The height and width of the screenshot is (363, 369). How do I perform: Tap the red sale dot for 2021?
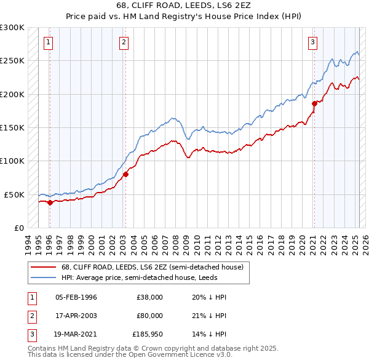[314, 103]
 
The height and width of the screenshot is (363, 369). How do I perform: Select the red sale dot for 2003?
[125, 174]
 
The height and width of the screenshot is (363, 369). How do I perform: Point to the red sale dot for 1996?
[50, 202]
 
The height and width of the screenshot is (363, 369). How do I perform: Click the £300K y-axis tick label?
[12, 28]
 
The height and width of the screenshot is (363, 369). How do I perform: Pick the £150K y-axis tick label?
[12, 127]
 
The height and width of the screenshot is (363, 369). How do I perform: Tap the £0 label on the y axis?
[18, 228]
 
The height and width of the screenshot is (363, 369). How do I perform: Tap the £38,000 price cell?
[149, 297]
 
